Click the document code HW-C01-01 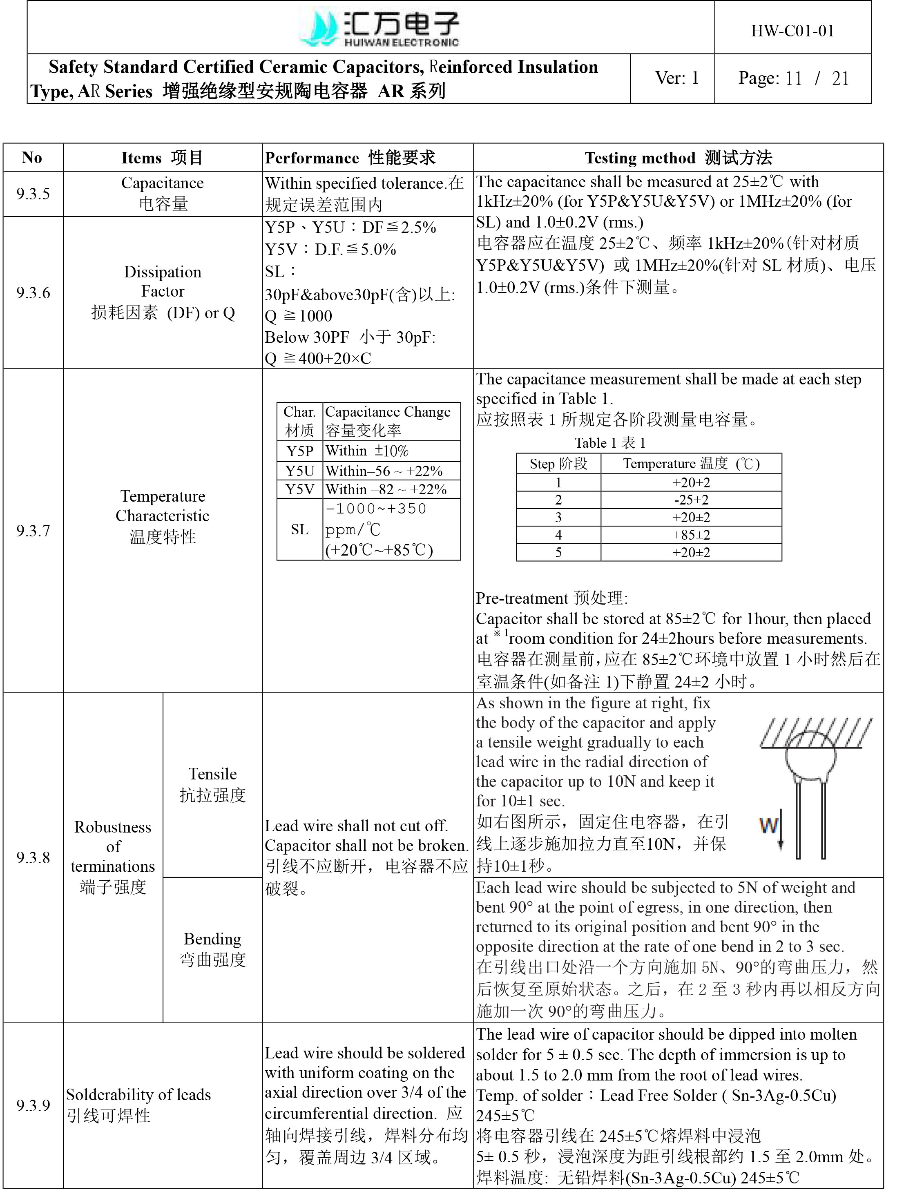(792, 31)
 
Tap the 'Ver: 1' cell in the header (676, 78)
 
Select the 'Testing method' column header (678, 158)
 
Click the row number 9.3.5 (33, 194)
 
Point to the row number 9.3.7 (33, 531)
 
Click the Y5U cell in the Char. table (299, 471)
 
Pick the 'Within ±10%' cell (367, 451)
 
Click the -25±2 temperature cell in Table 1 (691, 500)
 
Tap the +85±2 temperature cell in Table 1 (691, 535)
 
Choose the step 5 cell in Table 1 (558, 552)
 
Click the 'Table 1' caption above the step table (609, 443)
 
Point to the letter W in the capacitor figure (769, 825)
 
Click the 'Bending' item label (212, 939)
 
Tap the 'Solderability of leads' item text (138, 1094)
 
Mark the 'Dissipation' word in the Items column (162, 272)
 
